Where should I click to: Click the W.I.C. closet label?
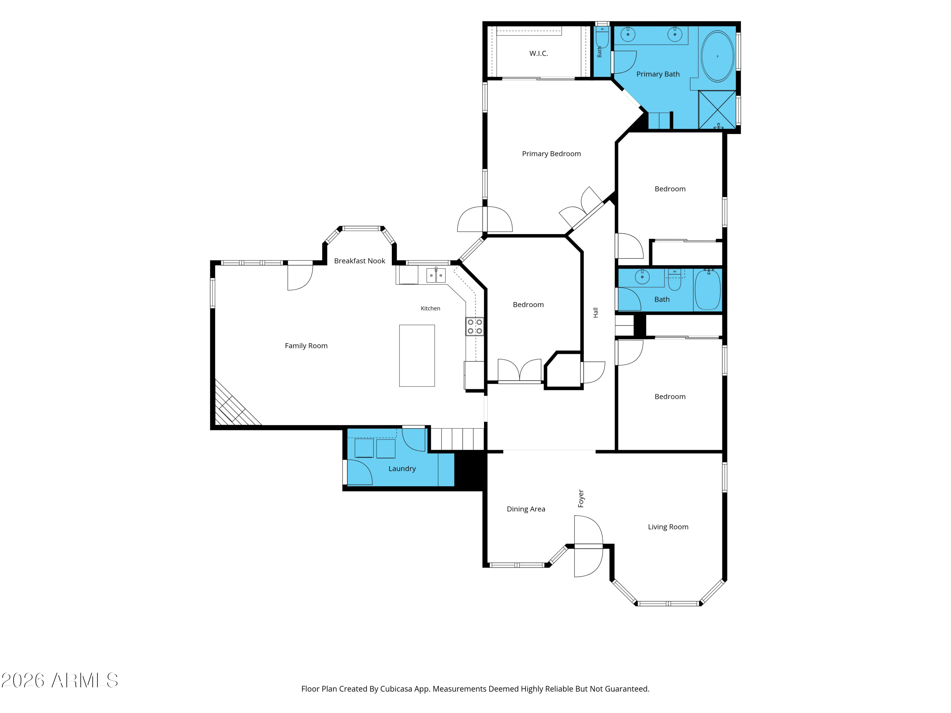tap(538, 53)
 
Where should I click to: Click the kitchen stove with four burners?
tap(475, 326)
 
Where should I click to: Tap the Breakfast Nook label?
tap(359, 261)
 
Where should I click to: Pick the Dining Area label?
tap(526, 509)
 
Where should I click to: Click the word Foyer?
tap(581, 498)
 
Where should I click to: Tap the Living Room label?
tap(668, 527)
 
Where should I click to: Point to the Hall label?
tap(595, 312)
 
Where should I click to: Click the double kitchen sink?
tap(436, 275)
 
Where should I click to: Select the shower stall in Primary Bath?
tap(717, 110)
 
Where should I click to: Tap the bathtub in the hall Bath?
tap(708, 289)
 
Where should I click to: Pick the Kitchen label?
tap(430, 309)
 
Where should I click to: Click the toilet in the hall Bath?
tap(675, 280)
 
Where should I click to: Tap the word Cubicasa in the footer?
tap(396, 689)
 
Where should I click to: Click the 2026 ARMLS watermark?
tap(60, 680)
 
